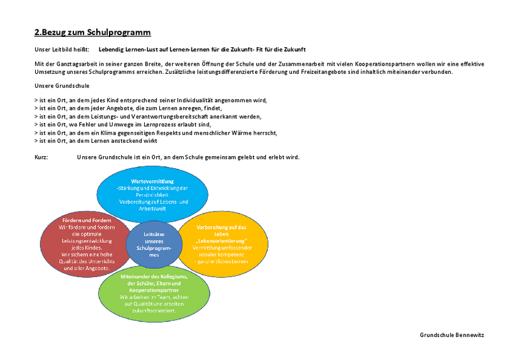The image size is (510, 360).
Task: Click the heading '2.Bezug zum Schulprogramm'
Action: [x=92, y=32]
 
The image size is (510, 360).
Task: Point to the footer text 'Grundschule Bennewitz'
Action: [x=452, y=335]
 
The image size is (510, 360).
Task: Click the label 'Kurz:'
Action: [x=41, y=157]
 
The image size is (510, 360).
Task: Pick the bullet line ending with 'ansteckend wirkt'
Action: [x=96, y=141]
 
